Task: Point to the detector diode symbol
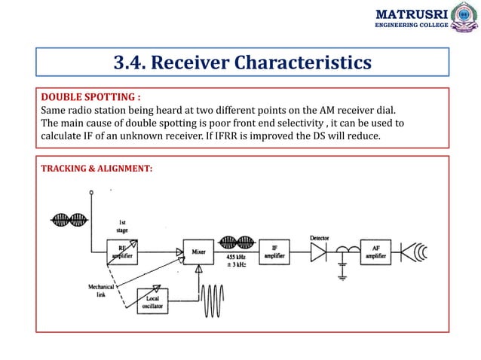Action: point(319,253)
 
